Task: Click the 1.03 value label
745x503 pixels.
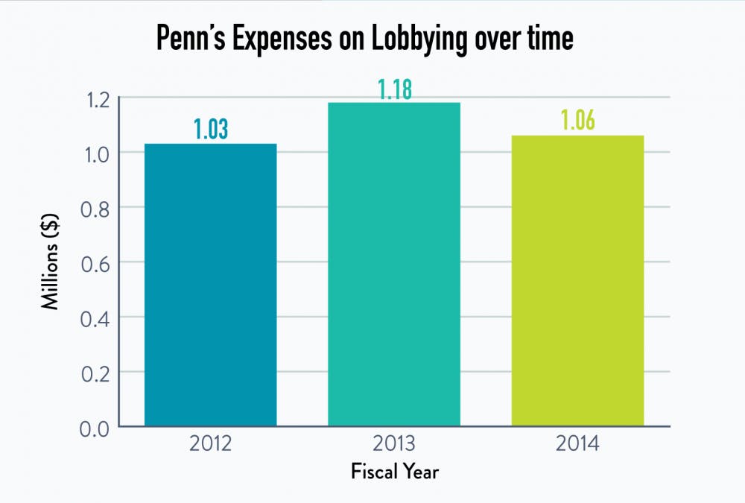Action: click(x=211, y=129)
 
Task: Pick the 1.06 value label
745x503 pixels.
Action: click(x=577, y=121)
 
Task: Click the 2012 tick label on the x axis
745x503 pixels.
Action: click(x=211, y=445)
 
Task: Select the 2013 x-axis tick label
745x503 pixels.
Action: click(x=394, y=445)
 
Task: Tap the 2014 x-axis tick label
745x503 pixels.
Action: click(x=577, y=445)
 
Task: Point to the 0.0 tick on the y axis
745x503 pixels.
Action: click(x=93, y=427)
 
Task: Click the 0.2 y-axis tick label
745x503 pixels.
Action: click(x=93, y=372)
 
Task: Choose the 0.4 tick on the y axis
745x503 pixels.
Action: click(x=93, y=317)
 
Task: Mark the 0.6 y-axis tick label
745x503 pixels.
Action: click(x=93, y=262)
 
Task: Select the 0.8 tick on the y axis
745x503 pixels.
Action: click(x=93, y=207)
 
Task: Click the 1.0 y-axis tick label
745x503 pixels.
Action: click(x=93, y=152)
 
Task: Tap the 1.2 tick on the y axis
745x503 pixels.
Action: click(x=93, y=98)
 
